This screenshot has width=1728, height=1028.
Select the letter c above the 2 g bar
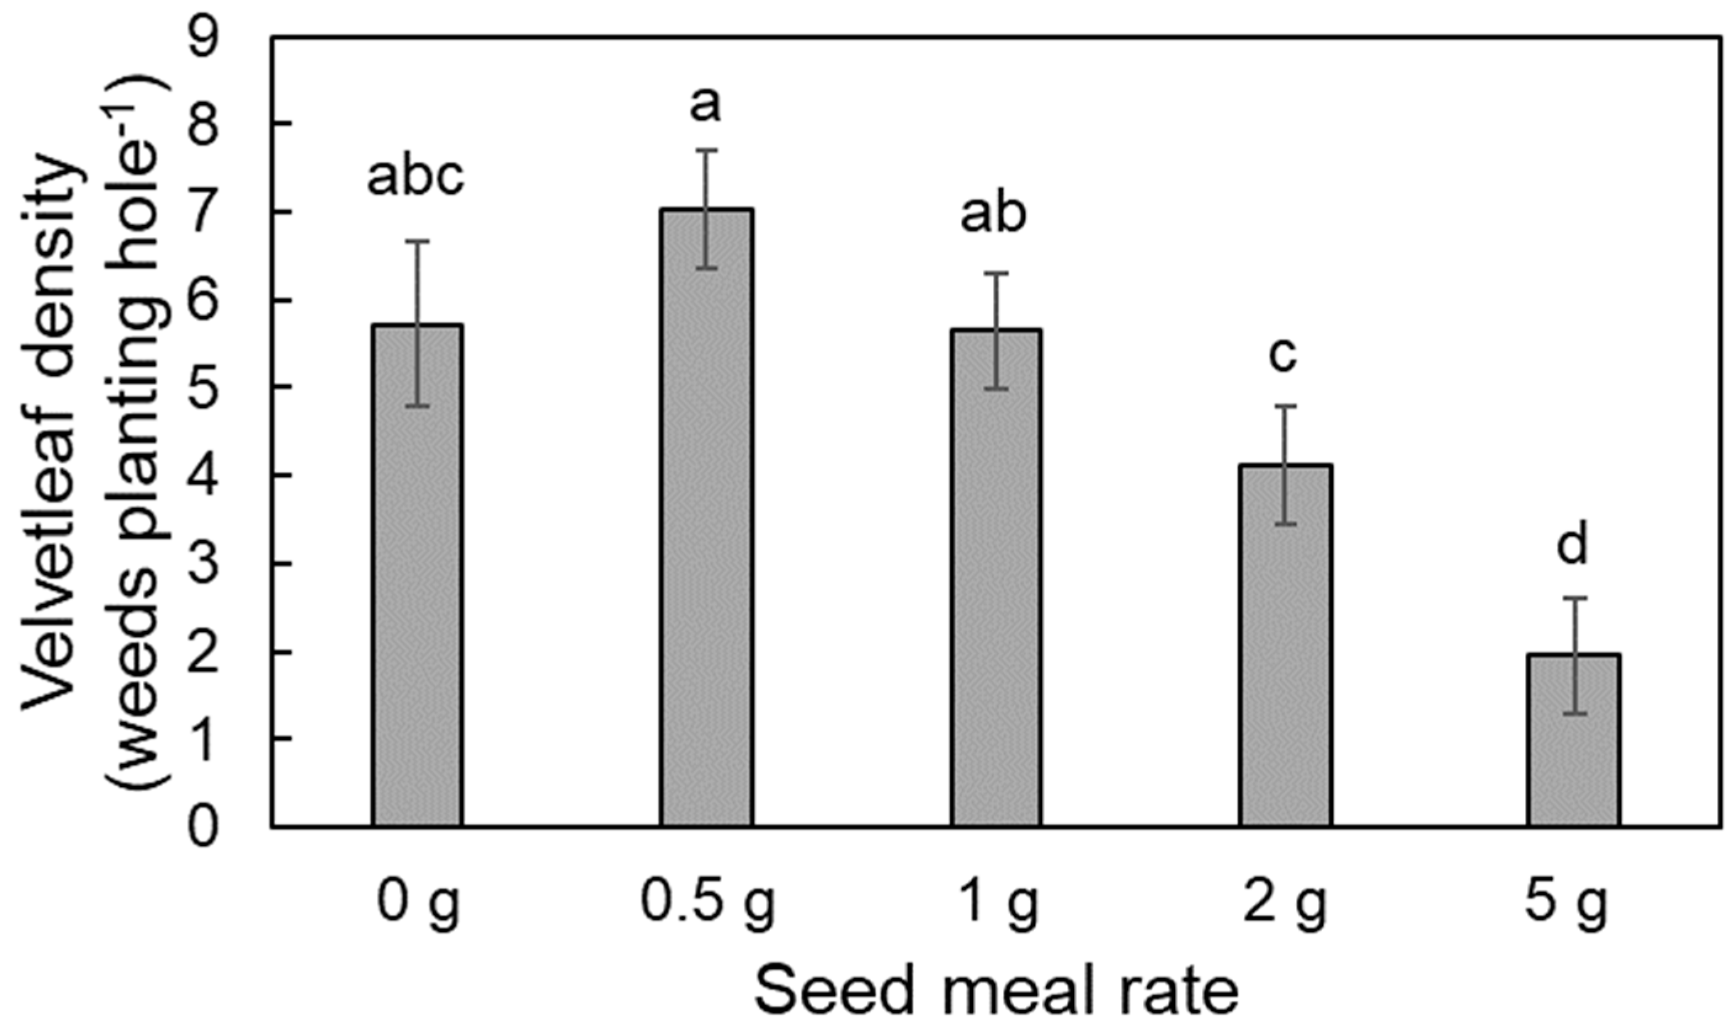click(1282, 356)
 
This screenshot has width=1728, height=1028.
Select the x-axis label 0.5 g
click(706, 905)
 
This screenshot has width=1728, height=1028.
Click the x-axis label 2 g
click(1284, 905)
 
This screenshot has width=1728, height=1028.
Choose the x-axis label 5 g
click(1566, 905)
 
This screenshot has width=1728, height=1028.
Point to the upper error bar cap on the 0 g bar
click(417, 241)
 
